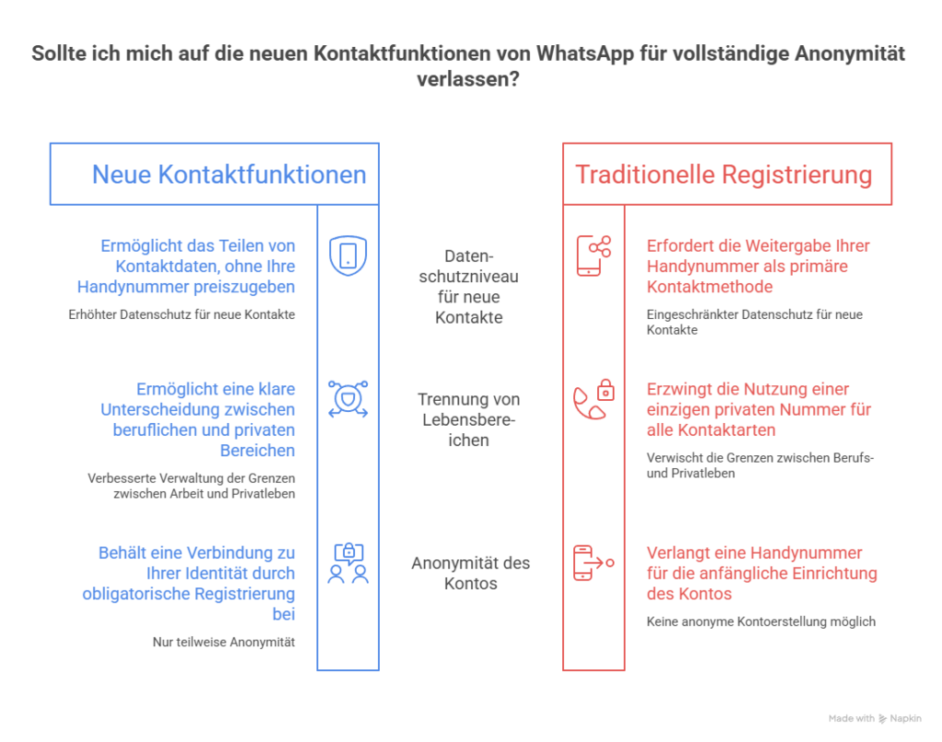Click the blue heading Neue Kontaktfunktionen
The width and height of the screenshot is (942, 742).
coord(229,175)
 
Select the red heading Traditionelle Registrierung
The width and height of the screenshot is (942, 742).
coord(724,175)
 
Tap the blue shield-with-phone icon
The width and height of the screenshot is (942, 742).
coord(348,256)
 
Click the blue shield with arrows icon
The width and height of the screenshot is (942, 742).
coord(348,399)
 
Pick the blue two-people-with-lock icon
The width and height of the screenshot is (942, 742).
coord(348,563)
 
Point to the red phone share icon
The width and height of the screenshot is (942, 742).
coord(593,256)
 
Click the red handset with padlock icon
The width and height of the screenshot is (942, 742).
coord(593,399)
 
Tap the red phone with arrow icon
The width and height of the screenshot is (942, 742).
coord(593,563)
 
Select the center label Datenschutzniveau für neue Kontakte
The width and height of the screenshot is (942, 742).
coord(468,286)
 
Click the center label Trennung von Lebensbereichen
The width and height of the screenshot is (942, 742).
coord(468,419)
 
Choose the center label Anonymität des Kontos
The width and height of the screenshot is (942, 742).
coord(470,574)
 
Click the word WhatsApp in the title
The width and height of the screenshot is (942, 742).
coord(584,53)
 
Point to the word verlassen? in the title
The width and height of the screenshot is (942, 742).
coord(468,79)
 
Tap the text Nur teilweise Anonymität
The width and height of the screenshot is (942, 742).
coord(224,642)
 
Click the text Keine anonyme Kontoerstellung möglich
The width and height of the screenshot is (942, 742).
coord(761,622)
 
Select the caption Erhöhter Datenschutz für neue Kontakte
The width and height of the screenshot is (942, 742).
coord(181,314)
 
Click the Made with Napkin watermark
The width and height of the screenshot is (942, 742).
coord(875,719)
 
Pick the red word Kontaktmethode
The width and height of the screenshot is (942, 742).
coord(709,286)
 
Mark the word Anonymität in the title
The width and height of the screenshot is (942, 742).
coord(849,53)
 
